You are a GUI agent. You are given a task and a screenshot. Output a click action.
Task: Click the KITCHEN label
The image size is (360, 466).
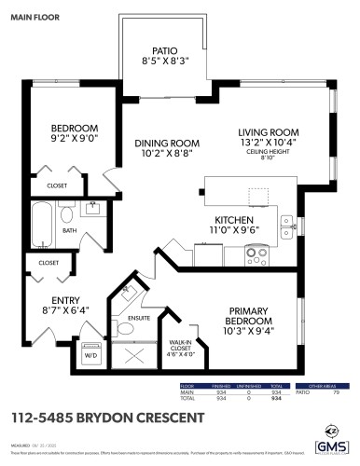[x=222, y=220]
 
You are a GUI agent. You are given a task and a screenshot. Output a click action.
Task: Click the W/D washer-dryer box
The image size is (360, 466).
[x=91, y=355]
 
